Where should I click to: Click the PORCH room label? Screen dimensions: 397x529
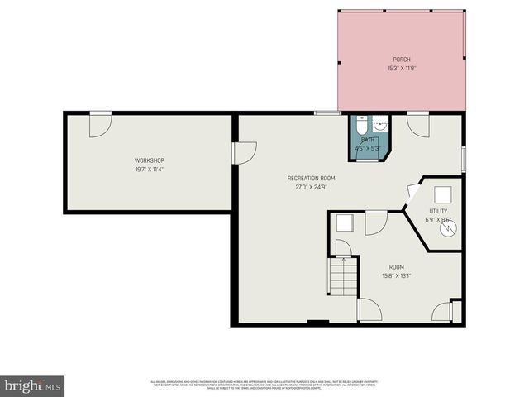coord(402,60)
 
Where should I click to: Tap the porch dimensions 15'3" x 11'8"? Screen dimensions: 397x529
coord(402,68)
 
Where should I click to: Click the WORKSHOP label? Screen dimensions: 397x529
coord(150,160)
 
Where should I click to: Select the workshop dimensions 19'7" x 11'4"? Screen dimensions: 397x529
coord(150,169)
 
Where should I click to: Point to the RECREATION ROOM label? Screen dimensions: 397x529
coord(311,179)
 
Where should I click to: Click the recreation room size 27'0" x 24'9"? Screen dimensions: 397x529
coord(311,187)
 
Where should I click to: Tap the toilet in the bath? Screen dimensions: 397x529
coord(362,127)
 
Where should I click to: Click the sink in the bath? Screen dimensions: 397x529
coord(379,125)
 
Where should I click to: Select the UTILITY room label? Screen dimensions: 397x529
coord(438,211)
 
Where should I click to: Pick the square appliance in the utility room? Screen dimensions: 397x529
coord(444,194)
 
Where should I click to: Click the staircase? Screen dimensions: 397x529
coord(343,276)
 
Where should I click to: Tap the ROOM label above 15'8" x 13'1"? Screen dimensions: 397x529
coord(397,267)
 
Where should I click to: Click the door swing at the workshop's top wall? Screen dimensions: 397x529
coord(100,124)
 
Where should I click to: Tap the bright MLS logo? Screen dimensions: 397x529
coord(33,385)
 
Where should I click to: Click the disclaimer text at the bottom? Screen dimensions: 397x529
coord(264,385)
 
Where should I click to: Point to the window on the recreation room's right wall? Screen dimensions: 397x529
coord(464,156)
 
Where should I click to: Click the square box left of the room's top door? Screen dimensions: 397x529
coord(345,224)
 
